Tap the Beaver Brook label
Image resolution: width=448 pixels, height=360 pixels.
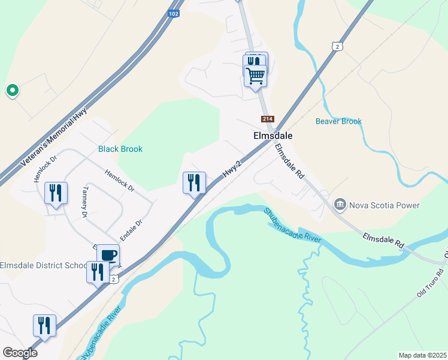pyautogui.click(x=338, y=121)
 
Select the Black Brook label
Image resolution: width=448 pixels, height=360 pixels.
pyautogui.click(x=120, y=149)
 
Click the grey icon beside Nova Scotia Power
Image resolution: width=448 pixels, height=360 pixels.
pyautogui.click(x=340, y=205)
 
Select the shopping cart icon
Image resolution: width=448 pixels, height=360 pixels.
pyautogui.click(x=255, y=76)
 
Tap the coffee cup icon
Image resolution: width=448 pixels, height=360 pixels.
pyautogui.click(x=108, y=255)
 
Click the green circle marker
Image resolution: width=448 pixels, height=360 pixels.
pyautogui.click(x=12, y=91)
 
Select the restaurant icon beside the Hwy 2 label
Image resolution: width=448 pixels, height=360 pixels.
pyautogui.click(x=194, y=182)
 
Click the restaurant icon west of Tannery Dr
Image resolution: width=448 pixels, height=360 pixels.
pyautogui.click(x=56, y=193)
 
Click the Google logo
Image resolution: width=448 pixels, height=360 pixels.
pyautogui.click(x=20, y=353)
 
